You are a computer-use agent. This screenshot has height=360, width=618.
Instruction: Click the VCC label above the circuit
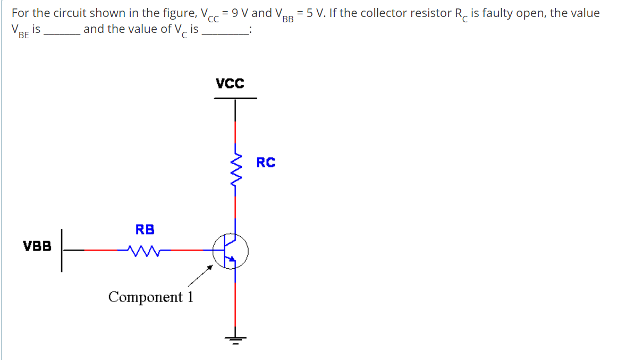point(230,83)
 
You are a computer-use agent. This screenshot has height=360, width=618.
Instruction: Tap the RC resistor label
point(266,162)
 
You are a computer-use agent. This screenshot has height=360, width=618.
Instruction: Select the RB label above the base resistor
point(145,229)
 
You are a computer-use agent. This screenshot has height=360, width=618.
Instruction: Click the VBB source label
point(37,246)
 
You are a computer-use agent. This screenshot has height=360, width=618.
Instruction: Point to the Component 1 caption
point(150,296)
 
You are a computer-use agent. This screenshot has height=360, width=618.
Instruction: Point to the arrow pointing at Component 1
point(200,276)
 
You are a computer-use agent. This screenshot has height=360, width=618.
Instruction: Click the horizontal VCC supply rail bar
point(235,98)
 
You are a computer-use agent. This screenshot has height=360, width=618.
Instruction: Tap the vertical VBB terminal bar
point(62,250)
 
